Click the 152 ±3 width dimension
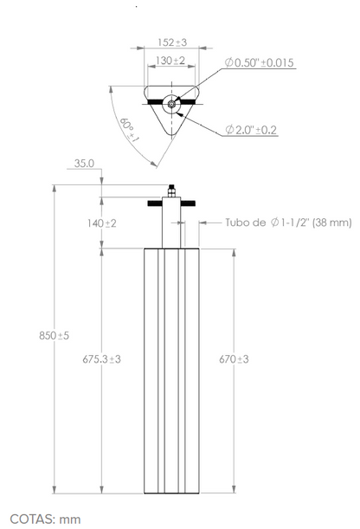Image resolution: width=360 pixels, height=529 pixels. point(172,42)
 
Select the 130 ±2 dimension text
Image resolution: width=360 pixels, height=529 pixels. point(170,61)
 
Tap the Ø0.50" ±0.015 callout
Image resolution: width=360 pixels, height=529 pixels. point(260,62)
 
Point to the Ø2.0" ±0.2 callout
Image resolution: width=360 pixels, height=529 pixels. point(251,130)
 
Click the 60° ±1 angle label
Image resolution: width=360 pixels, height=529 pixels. point(129,130)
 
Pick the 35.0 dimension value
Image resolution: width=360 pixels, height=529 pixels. point(84,164)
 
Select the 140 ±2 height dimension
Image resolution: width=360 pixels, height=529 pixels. point(102,223)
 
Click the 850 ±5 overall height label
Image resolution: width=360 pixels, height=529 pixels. point(54,336)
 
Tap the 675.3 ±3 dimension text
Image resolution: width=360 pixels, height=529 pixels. point(101,359)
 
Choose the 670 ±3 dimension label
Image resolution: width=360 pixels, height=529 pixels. point(234,359)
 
